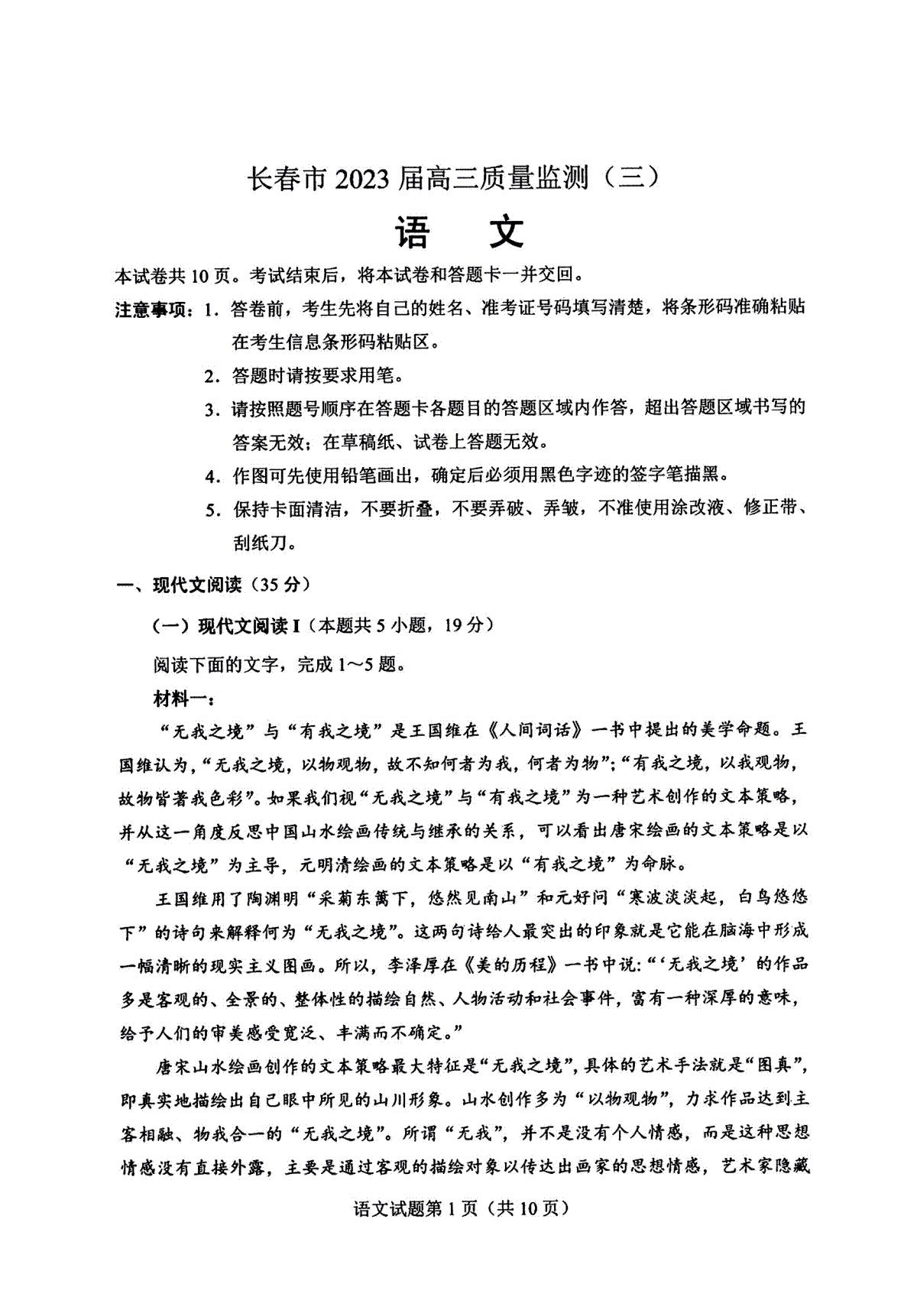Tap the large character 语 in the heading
click(x=413, y=232)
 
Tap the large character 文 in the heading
click(x=505, y=232)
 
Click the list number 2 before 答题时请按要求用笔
click(x=212, y=376)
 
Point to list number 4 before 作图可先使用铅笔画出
click(x=212, y=476)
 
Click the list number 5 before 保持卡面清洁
click(x=212, y=510)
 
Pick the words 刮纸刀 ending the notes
click(x=260, y=543)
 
